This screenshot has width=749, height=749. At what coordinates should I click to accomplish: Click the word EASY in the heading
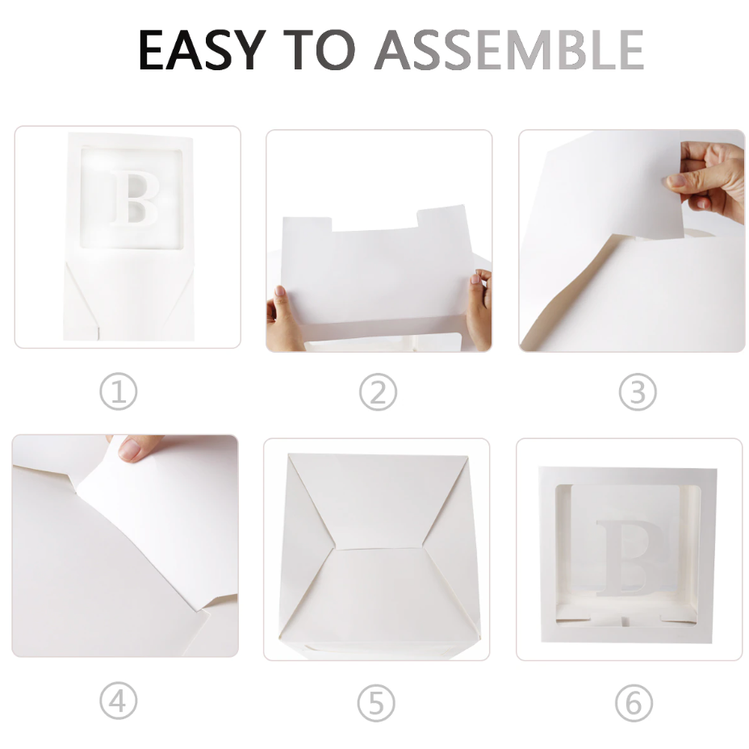point(202,50)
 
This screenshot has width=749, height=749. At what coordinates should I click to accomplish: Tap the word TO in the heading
point(319,50)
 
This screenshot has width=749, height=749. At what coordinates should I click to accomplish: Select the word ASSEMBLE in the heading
point(509,50)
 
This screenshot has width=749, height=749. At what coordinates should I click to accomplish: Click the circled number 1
point(119,391)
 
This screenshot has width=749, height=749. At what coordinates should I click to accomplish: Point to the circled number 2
point(378,392)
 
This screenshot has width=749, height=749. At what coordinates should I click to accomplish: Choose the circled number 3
point(638,392)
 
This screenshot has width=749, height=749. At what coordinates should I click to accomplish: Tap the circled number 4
point(119,701)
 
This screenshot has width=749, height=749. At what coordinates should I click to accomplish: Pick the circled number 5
point(376,703)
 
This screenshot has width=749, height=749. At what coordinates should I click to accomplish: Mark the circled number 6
point(634,703)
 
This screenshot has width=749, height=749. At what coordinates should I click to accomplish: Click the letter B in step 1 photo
point(135,197)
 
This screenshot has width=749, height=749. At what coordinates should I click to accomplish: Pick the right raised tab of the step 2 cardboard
point(441,217)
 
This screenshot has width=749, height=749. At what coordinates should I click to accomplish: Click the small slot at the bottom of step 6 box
point(626,621)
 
